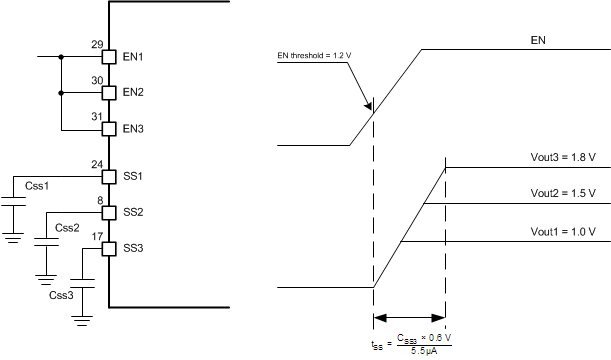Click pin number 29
(x=97, y=44)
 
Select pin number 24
(x=97, y=164)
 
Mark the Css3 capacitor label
(x=61, y=295)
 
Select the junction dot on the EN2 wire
(x=62, y=93)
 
